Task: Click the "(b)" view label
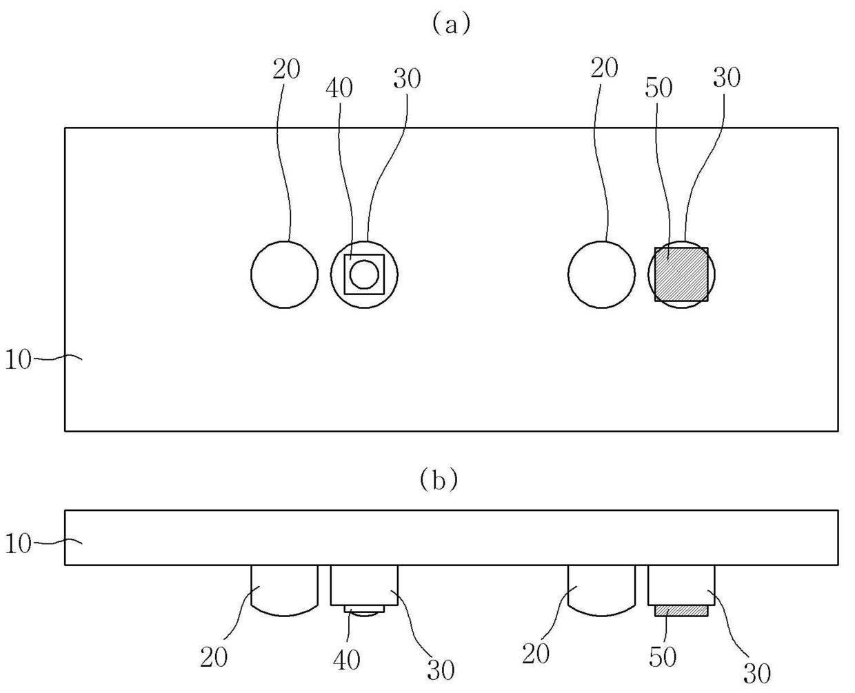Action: coord(439,480)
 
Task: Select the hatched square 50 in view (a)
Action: coord(681,274)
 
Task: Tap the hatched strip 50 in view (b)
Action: coord(681,611)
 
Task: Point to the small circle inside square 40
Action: coord(364,274)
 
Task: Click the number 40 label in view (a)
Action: coord(339,88)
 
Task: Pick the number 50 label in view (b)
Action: coord(663,657)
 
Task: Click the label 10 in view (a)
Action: coord(18,359)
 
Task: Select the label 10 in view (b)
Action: coord(18,544)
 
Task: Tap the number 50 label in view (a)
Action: coord(658,88)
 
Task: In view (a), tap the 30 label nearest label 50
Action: coord(727,78)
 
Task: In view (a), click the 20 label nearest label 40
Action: coord(286,69)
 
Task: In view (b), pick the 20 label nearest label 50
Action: coord(536,653)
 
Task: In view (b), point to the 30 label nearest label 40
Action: coord(441,670)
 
